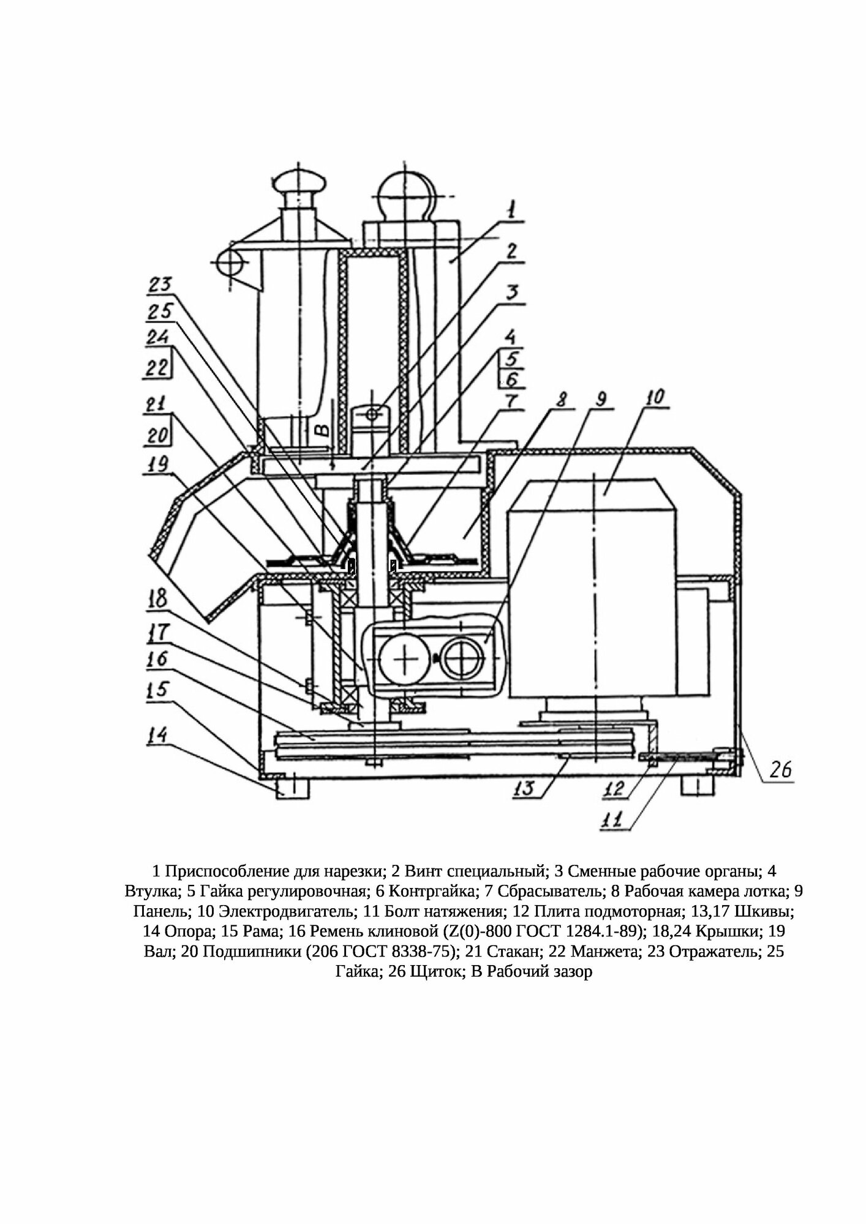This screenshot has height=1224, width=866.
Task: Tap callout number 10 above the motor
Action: point(653,398)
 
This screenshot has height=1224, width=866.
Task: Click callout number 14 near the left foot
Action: point(157,734)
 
